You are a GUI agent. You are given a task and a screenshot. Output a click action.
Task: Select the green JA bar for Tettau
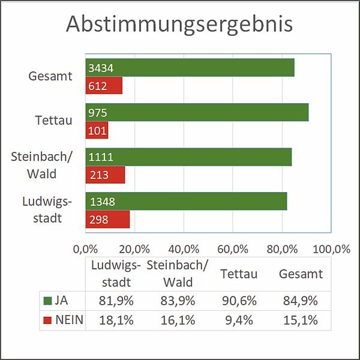197,112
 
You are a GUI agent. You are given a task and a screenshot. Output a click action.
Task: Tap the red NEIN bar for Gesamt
104,85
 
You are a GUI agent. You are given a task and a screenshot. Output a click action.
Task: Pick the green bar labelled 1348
187,201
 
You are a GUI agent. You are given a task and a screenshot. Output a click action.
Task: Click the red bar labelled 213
106,175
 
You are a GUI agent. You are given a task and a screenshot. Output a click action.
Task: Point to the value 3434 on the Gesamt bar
101,68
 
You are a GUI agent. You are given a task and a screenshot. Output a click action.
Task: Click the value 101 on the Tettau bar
97,131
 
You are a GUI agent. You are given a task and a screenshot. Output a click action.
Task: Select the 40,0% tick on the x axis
184,249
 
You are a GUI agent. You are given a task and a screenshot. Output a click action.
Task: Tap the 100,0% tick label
332,249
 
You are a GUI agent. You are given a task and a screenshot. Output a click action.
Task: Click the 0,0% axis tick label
85,249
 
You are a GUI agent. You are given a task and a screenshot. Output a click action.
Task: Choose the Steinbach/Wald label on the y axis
41,165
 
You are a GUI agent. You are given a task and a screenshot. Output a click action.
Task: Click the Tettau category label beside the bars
53,120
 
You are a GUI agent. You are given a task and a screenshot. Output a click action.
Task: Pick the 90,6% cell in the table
239,301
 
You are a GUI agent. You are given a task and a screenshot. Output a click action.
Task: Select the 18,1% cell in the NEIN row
116,320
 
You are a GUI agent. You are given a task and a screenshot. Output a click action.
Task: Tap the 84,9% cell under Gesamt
301,301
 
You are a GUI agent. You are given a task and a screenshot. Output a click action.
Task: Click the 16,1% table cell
178,320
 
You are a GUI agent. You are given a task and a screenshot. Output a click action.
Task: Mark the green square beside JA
47,301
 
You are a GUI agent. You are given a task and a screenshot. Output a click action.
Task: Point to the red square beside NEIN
47,320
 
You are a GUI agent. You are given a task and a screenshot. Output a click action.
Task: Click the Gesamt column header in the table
301,274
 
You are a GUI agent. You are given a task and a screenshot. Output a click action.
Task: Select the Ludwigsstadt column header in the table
116,274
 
